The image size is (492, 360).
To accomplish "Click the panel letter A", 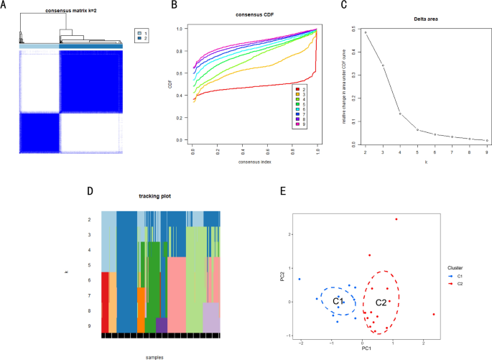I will (5, 6).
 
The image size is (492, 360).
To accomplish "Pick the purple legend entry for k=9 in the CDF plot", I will (295, 124).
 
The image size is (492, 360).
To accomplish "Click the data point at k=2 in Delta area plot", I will (365, 32).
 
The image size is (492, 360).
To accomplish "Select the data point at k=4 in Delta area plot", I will (400, 114).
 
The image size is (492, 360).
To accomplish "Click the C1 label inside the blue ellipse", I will (338, 302).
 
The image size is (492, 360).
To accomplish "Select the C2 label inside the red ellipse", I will (381, 303).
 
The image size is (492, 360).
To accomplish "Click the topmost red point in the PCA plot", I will (396, 219).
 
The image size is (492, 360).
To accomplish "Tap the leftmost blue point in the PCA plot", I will (300, 279).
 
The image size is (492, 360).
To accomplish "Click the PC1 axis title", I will (367, 349).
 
